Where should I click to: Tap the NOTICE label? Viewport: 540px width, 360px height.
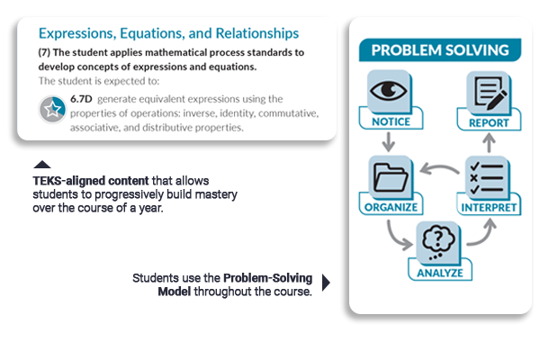pos(390,121)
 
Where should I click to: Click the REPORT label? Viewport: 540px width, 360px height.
pos(488,121)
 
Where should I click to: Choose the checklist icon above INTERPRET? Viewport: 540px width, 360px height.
pos(487,177)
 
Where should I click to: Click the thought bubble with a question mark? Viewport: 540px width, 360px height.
pos(439,241)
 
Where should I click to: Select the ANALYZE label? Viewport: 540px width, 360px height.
pos(439,271)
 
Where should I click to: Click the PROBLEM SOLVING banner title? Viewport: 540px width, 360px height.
pos(439,50)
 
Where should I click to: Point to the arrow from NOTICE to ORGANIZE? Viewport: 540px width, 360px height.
pos(388,141)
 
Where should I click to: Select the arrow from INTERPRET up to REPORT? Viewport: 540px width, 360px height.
pos(489,141)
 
